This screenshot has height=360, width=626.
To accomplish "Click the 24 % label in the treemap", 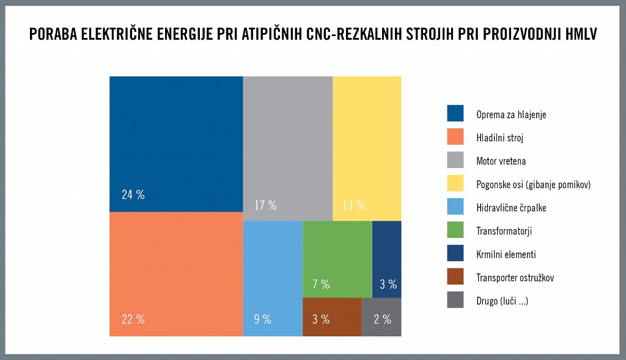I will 133,195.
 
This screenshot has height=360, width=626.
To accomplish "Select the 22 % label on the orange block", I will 133,319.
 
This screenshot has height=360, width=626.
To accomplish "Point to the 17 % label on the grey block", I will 265,205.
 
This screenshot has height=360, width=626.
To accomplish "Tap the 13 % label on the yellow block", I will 353,205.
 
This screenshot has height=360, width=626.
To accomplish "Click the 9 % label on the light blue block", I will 262,319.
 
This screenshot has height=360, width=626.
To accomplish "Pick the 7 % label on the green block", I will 321,284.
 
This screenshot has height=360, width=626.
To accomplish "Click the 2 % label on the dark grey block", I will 382,319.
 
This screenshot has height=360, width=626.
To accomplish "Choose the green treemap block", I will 337,257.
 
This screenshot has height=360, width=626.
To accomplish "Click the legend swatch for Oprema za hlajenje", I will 455,114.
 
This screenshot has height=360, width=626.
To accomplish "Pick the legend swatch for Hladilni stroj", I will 455,138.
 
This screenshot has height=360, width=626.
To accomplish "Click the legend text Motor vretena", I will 501,161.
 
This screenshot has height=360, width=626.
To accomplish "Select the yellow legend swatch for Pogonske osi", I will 455,185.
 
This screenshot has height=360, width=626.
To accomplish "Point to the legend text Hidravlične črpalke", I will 511,208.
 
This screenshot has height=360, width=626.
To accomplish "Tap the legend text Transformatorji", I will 504,231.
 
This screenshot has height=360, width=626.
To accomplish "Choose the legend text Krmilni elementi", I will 506,254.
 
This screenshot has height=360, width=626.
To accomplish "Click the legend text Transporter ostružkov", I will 515,278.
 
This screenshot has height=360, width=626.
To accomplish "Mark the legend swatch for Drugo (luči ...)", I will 455,301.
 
